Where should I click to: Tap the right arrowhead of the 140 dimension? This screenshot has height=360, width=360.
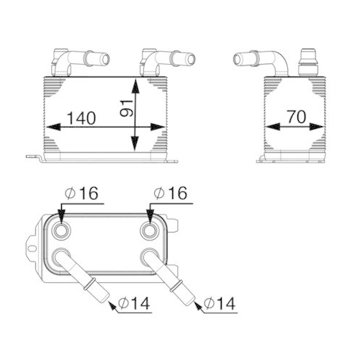click(162, 127)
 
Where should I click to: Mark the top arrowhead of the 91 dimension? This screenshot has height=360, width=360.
click(135, 84)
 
